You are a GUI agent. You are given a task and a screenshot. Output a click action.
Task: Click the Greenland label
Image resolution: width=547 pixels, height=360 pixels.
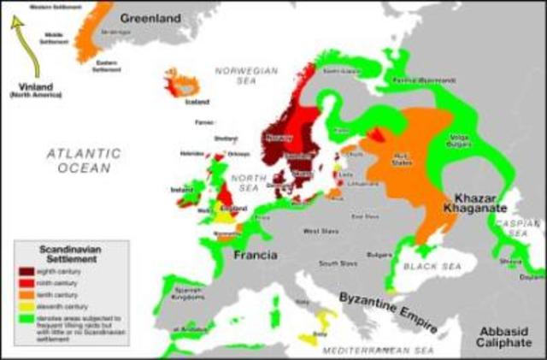tap(150, 17)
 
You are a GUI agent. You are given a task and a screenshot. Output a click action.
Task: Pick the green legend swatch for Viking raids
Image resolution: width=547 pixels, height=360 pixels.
tap(27, 317)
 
